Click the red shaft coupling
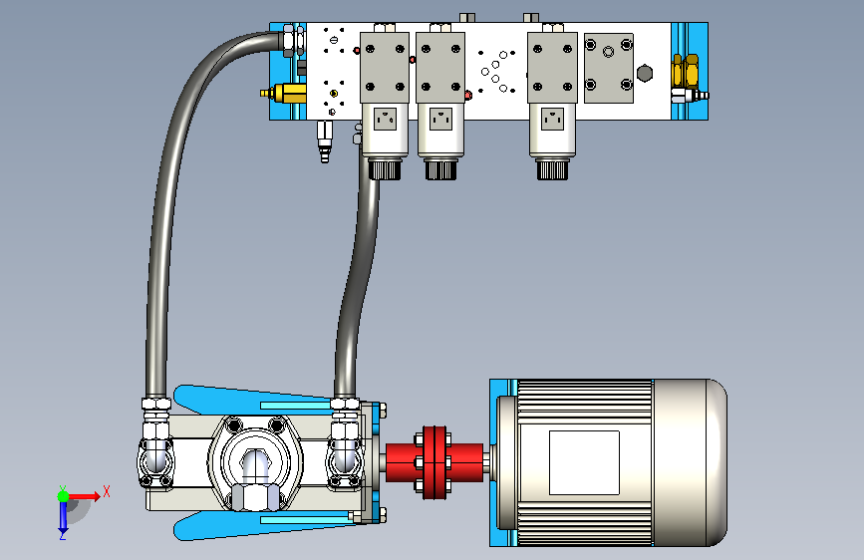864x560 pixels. click(434, 462)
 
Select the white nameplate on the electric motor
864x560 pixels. click(584, 462)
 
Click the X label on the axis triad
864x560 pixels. click(107, 491)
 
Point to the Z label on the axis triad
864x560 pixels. click(63, 535)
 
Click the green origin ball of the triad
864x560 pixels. click(64, 496)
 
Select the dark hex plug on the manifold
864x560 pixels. click(645, 74)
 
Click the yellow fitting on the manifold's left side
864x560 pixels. click(284, 93)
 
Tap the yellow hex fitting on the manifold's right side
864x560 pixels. click(685, 71)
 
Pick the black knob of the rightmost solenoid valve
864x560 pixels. click(552, 169)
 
